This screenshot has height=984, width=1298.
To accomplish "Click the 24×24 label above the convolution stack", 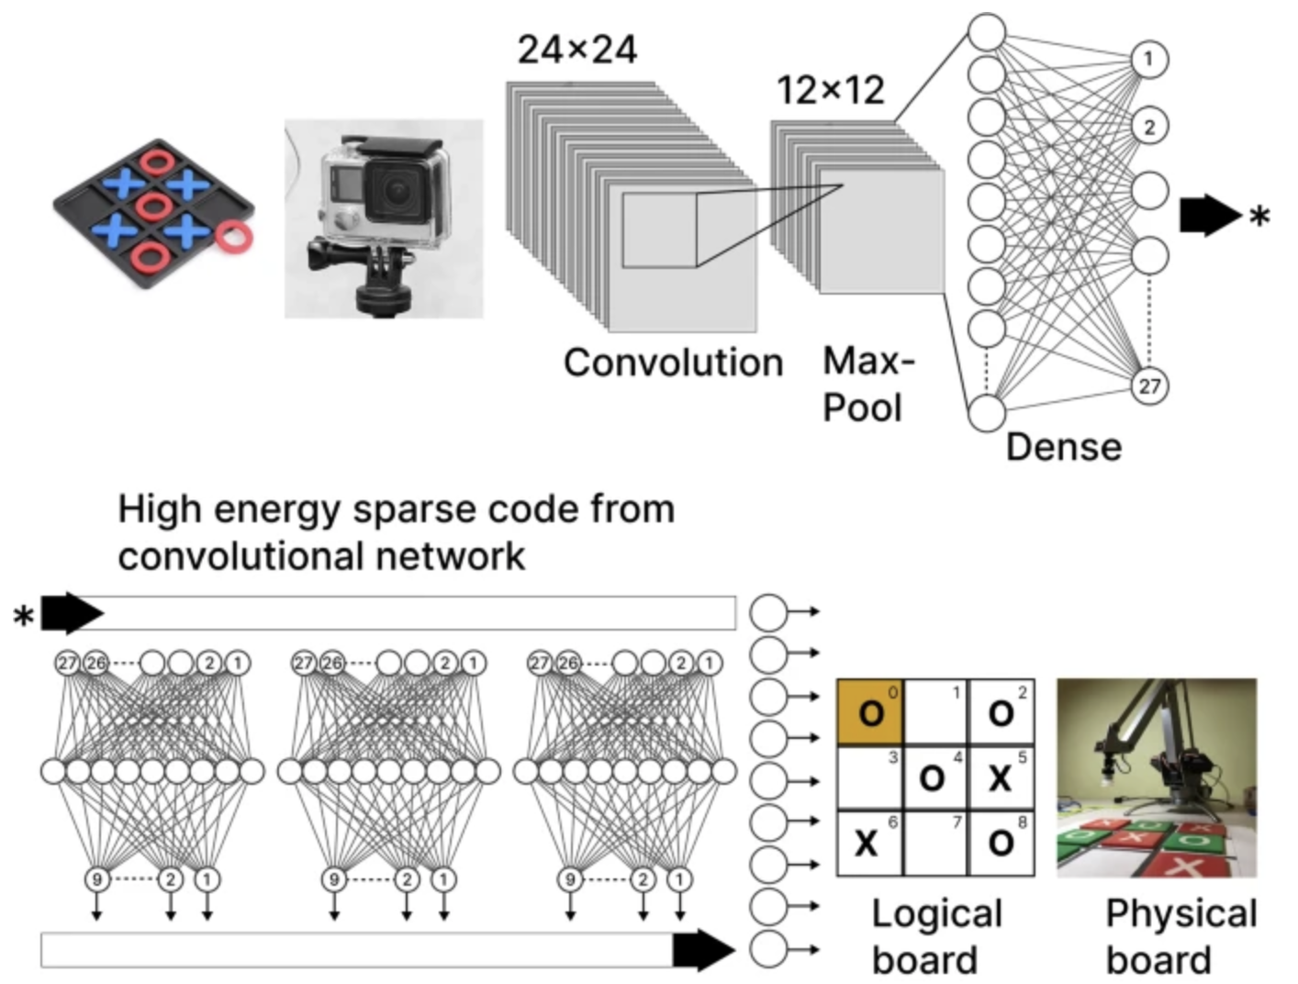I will tap(576, 50).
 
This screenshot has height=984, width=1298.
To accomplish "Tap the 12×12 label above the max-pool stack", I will tap(831, 90).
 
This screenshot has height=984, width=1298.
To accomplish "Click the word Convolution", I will tap(673, 363).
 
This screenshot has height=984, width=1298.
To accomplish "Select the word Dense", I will tap(1063, 447).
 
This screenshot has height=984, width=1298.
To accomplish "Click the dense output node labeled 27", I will tap(1149, 386).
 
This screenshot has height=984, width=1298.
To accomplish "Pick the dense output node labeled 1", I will tap(1148, 60).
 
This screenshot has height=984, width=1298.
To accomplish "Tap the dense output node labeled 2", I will tap(1149, 126).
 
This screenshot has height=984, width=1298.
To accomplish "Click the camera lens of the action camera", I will tap(396, 190).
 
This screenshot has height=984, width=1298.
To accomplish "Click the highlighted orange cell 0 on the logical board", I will tap(869, 712).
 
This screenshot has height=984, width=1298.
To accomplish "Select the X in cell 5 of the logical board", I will tap(1000, 778).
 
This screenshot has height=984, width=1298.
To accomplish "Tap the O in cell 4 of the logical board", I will tap(933, 778).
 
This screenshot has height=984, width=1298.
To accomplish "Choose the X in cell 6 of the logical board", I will tap(866, 843).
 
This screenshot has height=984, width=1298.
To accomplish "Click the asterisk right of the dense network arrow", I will tap(1259, 218).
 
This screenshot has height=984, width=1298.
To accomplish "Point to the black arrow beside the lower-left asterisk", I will tap(72, 612).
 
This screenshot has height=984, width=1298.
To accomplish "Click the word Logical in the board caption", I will tap(936, 914).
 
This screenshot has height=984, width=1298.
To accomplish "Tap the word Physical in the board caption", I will tap(1181, 914).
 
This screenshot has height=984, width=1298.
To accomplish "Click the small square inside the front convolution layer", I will tap(659, 229).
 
